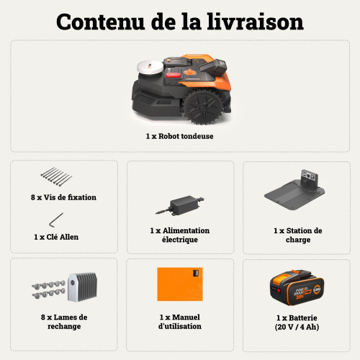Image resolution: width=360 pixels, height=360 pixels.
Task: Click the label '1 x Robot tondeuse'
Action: point(179,135)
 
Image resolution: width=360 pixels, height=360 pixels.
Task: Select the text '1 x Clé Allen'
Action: point(56,236)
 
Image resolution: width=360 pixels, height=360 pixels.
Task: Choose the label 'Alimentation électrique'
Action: point(180,235)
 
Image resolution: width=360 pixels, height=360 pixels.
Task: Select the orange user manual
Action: point(180,285)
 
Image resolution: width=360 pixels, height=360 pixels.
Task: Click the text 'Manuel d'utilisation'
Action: point(180,322)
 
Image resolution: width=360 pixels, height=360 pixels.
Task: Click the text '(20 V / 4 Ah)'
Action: point(297,326)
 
